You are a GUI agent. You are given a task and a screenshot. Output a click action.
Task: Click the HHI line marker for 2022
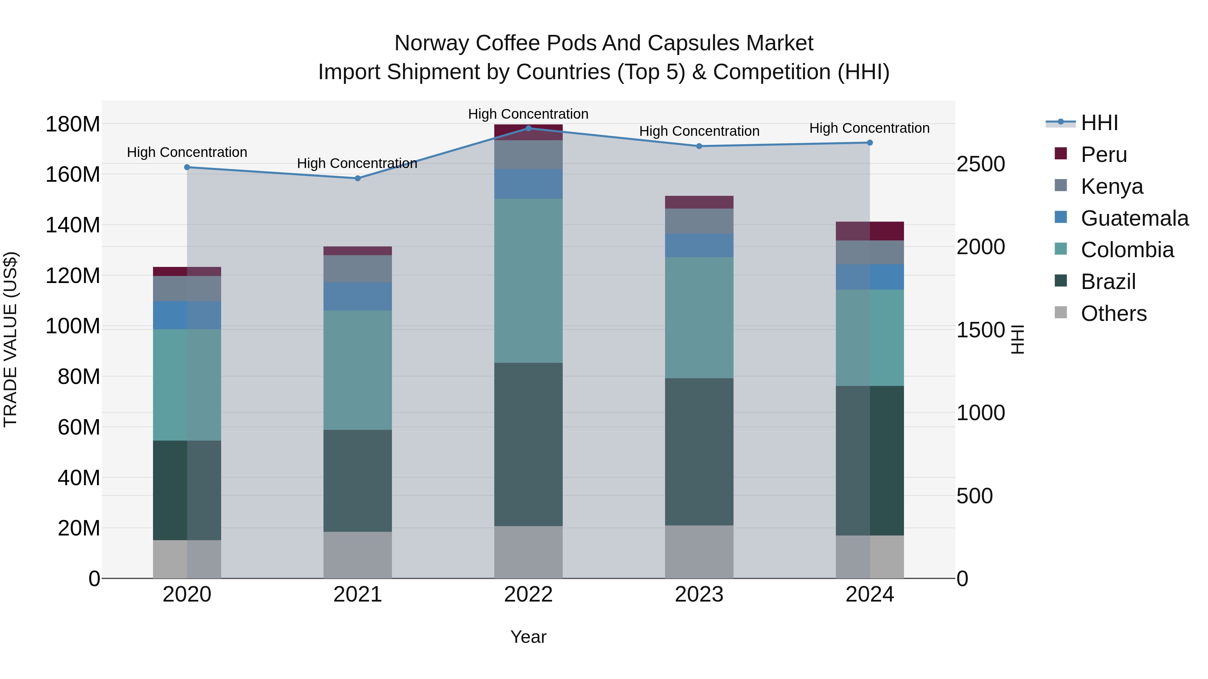pos(528,128)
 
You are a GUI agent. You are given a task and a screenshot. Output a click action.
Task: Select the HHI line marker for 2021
pos(357,178)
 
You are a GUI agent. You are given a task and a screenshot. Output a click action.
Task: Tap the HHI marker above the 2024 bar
pos(869,143)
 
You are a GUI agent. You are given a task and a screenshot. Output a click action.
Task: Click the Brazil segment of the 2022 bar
pos(528,444)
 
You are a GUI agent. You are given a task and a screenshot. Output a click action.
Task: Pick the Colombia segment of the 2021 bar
pos(357,370)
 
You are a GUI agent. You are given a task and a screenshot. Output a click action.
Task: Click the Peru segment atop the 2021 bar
pos(357,251)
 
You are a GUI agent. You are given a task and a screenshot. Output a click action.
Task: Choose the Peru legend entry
pos(1103,155)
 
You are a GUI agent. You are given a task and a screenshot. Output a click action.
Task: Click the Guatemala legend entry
pos(1134,218)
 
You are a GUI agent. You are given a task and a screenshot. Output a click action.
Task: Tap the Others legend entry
pos(1113,314)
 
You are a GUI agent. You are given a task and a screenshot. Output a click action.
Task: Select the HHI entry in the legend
pos(1099,123)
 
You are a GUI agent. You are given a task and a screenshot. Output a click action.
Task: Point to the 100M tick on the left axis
pos(73,326)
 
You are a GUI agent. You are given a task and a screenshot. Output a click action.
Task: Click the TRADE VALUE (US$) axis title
pos(10,339)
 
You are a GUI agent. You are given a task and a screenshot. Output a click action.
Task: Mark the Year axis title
pos(528,637)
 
